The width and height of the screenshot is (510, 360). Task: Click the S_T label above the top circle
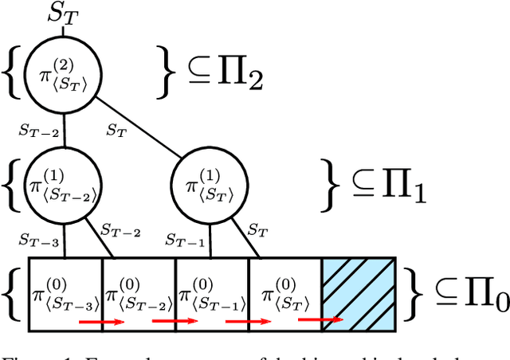click(64, 11)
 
